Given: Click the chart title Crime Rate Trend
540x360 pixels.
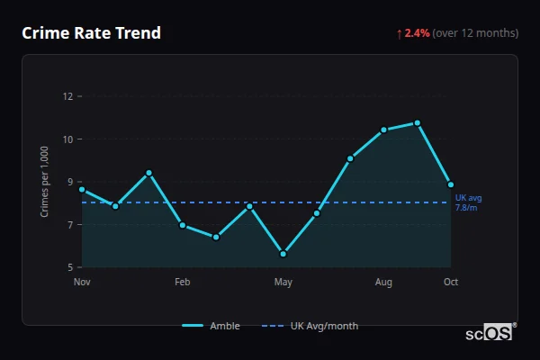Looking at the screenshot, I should (x=91, y=33).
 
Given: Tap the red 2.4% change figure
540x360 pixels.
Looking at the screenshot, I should (x=418, y=33).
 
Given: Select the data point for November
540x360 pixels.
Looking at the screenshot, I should (x=82, y=189).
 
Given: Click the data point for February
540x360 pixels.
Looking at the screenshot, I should (x=183, y=225).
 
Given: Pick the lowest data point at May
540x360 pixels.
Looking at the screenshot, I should (x=283, y=254).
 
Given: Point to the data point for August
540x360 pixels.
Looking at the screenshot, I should (x=383, y=130).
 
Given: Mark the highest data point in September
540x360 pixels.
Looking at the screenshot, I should (x=418, y=122).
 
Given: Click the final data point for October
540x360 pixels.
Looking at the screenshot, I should (x=451, y=184).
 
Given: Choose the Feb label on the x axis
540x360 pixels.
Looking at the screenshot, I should (x=183, y=283).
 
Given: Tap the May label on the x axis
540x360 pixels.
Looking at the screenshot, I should (x=283, y=283).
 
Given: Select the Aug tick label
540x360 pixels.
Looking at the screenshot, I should (x=383, y=283).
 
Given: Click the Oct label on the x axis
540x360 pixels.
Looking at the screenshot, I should (x=451, y=283).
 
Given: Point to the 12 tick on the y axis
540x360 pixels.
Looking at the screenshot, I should (x=67, y=96).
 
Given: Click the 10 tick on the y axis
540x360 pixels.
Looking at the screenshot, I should (x=67, y=139).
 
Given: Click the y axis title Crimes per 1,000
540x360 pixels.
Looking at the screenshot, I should (x=45, y=182).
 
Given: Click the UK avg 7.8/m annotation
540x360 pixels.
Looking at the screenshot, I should (x=468, y=202).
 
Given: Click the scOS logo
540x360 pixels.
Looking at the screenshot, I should (x=490, y=332).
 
